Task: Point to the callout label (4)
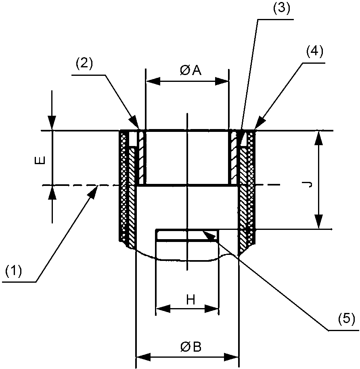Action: click(x=314, y=52)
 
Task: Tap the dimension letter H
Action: click(x=191, y=300)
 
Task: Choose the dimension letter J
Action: click(x=308, y=185)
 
